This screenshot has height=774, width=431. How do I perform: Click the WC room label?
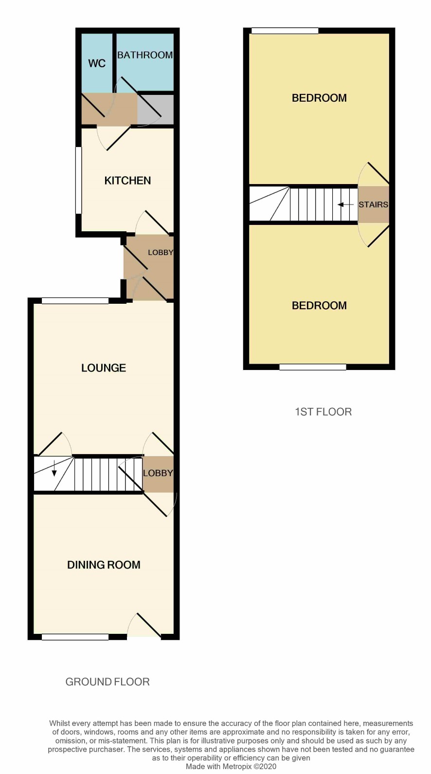[97, 64]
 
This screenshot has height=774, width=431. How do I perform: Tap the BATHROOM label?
[145, 55]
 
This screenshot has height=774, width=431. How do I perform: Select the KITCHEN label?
[128, 181]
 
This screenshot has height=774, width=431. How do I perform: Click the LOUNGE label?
[104, 368]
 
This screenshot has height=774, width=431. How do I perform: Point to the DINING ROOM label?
[104, 565]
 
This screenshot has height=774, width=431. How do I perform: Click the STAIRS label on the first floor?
[373, 204]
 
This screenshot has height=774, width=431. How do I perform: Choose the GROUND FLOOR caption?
[108, 682]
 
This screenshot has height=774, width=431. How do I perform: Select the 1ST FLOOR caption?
[323, 411]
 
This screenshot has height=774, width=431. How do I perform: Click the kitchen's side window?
[79, 180]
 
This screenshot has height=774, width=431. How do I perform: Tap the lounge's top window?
[75, 301]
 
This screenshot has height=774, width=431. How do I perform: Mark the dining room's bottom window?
[75, 637]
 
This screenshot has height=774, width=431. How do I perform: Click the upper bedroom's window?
[285, 31]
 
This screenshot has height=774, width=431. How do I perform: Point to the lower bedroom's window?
[313, 367]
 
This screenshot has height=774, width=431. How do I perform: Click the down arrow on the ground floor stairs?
[54, 469]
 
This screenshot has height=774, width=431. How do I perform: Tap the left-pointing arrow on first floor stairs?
[345, 205]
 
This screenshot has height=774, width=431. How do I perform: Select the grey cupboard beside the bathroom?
[156, 110]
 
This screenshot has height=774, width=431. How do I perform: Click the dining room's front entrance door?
[144, 625]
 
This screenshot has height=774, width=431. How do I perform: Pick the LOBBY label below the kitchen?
[161, 253]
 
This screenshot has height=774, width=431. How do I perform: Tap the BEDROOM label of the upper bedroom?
[320, 98]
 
